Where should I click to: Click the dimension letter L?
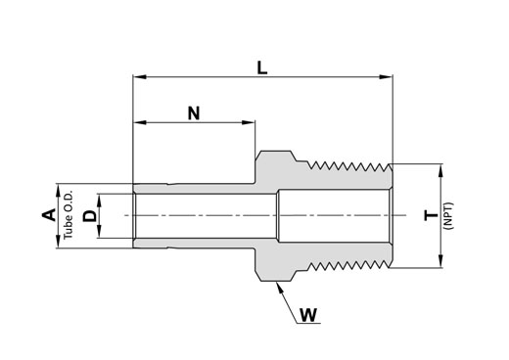[x=262, y=68]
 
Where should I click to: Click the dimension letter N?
[x=194, y=113]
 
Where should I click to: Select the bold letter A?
[x=49, y=215]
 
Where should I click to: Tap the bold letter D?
[x=90, y=216]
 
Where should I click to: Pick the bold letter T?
[x=431, y=215]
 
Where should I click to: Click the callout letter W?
[x=308, y=315]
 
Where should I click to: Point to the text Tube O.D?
[x=68, y=215]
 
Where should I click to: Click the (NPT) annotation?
[x=448, y=215]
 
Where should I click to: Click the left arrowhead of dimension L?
[x=139, y=77]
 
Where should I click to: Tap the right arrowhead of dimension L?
[x=386, y=77]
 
